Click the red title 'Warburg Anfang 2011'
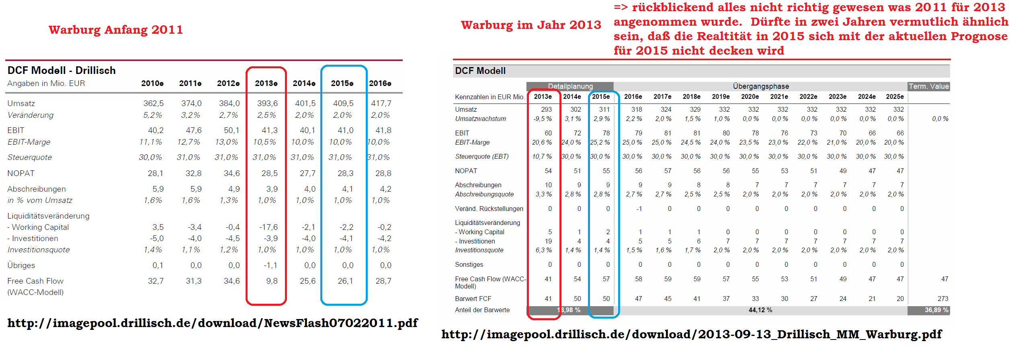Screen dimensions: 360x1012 tap(116, 30)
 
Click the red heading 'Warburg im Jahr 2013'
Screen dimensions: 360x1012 tap(531, 25)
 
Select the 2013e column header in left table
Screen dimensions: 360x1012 tap(266, 83)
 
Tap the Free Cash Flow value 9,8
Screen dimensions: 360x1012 tap(272, 281)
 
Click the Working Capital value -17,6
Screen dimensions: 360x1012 tap(268, 227)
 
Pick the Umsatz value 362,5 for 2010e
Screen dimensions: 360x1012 tap(153, 103)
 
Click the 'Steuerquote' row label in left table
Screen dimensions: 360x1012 tap(30, 157)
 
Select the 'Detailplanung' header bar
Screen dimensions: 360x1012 tap(570, 86)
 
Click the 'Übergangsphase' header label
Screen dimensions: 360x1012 tap(760, 86)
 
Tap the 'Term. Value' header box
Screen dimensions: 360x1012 tap(928, 86)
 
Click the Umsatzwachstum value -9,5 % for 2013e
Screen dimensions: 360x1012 tap(542, 119)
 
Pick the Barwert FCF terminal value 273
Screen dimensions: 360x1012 tap(942, 299)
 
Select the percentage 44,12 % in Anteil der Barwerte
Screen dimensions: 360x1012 tap(760, 310)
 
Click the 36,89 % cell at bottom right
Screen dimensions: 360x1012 tap(936, 310)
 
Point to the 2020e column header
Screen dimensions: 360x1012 tap(750, 96)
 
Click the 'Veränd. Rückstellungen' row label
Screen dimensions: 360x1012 tap(489, 209)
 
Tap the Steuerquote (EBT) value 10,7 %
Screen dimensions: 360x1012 tap(542, 156)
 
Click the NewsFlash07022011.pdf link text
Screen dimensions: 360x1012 tap(212, 323)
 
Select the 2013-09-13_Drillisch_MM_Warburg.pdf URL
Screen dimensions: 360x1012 tap(691, 334)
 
